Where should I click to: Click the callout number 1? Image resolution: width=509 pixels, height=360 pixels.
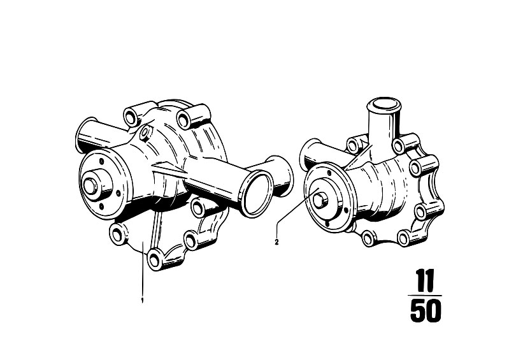point(142,300)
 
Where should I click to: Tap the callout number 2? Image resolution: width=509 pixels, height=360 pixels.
point(276,242)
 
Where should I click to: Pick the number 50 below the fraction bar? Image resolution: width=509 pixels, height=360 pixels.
point(426,311)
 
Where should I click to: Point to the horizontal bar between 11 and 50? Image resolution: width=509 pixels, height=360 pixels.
point(426,296)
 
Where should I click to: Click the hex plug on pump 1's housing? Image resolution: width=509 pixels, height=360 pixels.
point(145,132)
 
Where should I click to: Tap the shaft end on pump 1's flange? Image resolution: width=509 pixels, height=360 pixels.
point(90,185)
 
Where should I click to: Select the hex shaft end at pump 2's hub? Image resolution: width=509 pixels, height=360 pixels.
point(319,200)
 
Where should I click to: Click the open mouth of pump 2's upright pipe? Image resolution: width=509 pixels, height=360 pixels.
point(384,104)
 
